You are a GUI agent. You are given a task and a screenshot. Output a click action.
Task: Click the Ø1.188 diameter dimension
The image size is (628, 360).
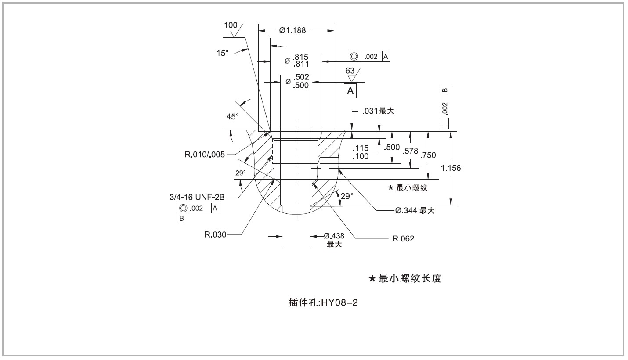coord(292,30)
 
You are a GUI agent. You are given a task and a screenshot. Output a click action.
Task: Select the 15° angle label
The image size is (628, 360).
coord(223,53)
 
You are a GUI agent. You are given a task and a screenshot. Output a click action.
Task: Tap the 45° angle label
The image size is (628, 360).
coord(232,116)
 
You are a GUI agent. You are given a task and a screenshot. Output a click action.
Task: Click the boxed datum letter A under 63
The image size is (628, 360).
coord(350,91)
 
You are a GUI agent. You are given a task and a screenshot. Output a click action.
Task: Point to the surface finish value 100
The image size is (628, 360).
coord(231,25)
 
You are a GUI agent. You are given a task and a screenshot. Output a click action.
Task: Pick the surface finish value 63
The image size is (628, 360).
coord(350,71)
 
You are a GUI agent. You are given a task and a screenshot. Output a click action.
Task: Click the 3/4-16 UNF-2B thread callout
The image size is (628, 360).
coord(197,197)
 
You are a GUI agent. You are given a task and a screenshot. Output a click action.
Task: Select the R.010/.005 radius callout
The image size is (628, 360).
coord(205,155)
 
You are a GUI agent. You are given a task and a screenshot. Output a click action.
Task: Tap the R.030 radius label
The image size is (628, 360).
coord(215,234)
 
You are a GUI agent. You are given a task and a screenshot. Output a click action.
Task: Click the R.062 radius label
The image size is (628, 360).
coord(403,238)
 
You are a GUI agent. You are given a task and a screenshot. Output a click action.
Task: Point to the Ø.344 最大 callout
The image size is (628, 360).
coord(415,210)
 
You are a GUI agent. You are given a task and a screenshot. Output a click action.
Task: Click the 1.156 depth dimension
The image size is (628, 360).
coord(451,168)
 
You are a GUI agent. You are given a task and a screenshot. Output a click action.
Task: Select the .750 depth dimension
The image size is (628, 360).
coord(428,155)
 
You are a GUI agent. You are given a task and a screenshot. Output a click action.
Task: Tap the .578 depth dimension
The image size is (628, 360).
coord(410,151)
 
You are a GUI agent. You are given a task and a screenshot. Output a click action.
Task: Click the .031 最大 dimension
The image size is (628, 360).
coord(378,111)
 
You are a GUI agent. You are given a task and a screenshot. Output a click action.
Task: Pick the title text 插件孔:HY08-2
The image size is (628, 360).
coord(323,303)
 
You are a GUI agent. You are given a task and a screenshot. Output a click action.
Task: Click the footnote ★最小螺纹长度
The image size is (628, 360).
coord(405,278)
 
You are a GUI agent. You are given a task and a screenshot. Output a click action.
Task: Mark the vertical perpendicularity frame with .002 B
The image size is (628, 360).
coord(444,108)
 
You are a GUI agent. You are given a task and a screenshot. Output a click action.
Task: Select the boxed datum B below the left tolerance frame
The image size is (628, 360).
coord(182,218)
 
